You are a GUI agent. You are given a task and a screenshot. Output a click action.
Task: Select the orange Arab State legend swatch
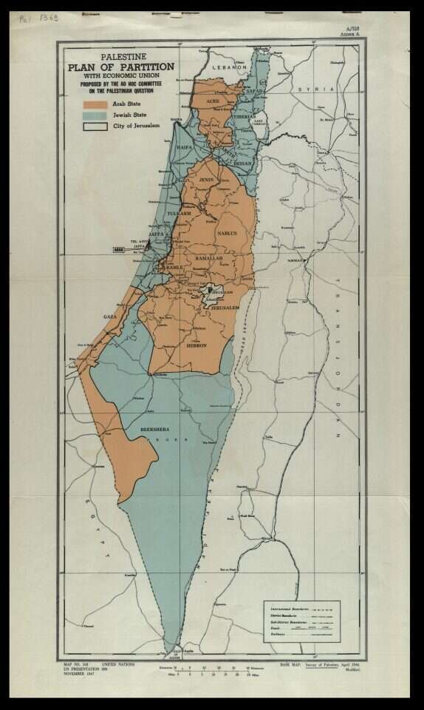pyautogui.click(x=95, y=104)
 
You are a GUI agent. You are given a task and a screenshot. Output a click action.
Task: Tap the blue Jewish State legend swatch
pyautogui.click(x=95, y=115)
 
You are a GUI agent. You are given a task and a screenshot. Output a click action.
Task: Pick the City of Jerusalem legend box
pyautogui.click(x=95, y=126)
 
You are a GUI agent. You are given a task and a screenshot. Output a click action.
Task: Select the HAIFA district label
pyautogui.click(x=185, y=148)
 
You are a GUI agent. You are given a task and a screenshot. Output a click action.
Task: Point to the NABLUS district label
pyautogui.click(x=227, y=233)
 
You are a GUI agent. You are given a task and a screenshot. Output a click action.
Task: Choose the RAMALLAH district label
pyautogui.click(x=208, y=258)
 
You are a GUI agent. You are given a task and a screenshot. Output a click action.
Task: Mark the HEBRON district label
pyautogui.click(x=196, y=345)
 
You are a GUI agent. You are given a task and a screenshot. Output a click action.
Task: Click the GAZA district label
pyautogui.click(x=110, y=317)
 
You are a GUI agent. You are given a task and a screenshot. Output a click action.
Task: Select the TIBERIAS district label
pyautogui.click(x=245, y=116)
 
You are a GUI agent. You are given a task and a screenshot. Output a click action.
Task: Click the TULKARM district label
pyautogui.click(x=179, y=213)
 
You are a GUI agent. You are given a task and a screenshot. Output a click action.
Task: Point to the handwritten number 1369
pyautogui.click(x=49, y=17)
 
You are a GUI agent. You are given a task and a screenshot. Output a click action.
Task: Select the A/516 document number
pyautogui.click(x=351, y=28)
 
